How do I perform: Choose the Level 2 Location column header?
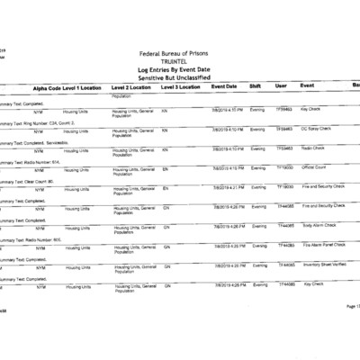click(x=133, y=87)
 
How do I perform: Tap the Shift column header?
click(x=256, y=86)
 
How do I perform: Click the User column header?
click(x=281, y=86)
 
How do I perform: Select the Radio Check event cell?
click(x=313, y=148)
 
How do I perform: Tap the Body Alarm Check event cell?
click(x=319, y=225)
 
